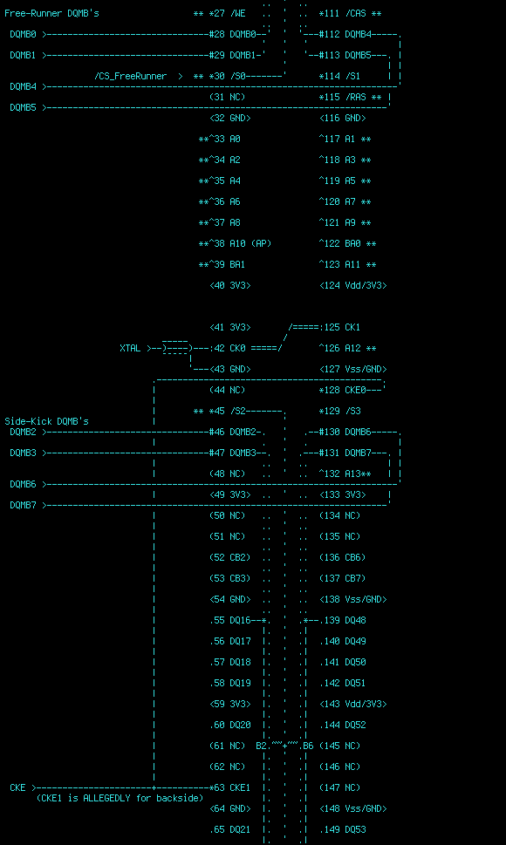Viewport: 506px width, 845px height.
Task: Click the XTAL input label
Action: (x=130, y=349)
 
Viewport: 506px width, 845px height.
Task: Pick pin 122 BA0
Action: (x=347, y=243)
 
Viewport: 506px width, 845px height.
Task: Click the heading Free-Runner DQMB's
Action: (x=51, y=13)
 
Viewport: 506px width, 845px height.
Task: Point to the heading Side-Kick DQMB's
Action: (x=46, y=421)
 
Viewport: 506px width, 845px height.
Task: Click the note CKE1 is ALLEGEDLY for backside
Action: (x=120, y=798)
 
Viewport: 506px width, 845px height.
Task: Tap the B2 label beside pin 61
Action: (x=262, y=746)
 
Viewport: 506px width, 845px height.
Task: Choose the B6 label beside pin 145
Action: (x=308, y=746)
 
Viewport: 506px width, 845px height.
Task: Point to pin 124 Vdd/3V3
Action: (x=353, y=286)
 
